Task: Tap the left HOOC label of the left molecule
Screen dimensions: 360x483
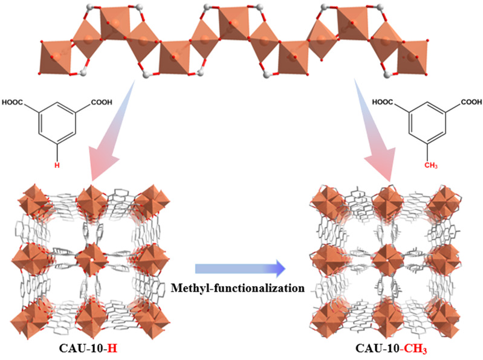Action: click(16, 102)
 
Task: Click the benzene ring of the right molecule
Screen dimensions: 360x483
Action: click(427, 126)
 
